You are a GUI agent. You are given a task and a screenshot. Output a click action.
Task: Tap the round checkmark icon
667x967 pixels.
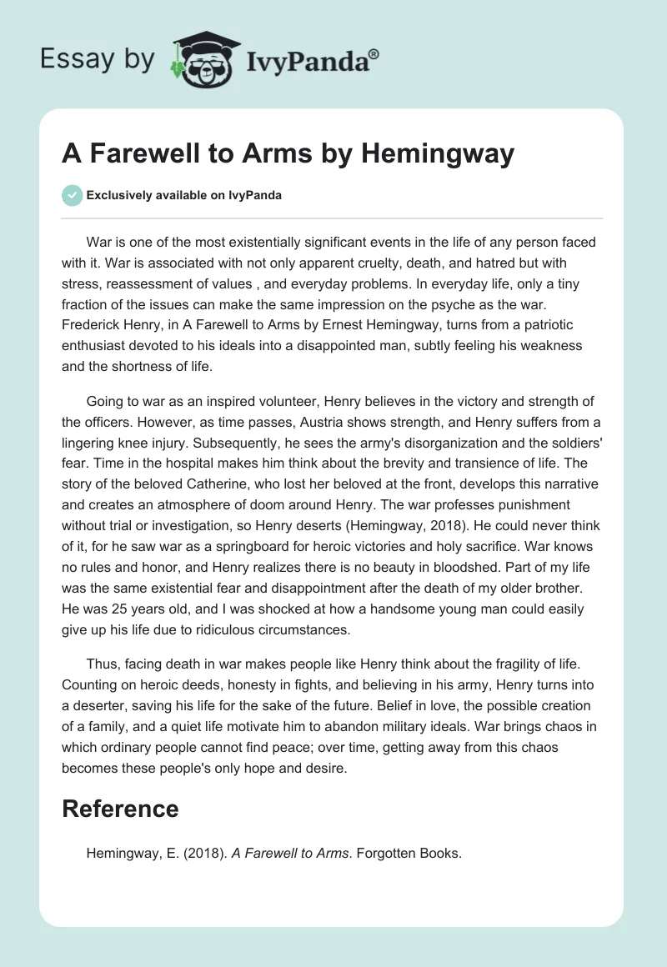click(x=72, y=195)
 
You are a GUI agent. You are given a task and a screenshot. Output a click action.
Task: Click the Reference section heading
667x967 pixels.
click(x=121, y=809)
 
